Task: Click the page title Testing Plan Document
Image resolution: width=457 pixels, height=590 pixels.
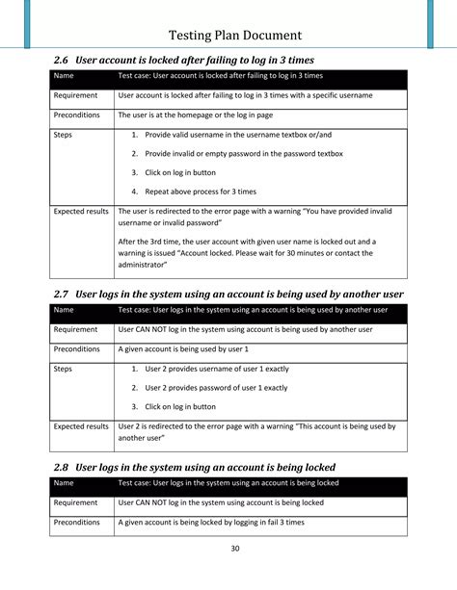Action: point(241,35)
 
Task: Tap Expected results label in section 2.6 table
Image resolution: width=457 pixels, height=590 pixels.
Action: point(81,211)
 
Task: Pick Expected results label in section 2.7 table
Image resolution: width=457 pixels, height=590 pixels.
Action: point(81,425)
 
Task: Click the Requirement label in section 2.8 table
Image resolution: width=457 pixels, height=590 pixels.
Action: point(75,502)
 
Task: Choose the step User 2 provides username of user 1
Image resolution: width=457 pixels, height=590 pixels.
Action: point(216,369)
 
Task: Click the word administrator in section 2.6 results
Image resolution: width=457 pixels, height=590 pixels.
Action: point(143,264)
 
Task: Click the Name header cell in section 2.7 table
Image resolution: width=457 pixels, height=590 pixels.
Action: point(64,310)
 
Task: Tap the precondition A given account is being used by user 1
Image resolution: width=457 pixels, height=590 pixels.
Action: point(183,348)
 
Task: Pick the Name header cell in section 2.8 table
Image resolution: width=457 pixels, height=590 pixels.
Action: point(64,483)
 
